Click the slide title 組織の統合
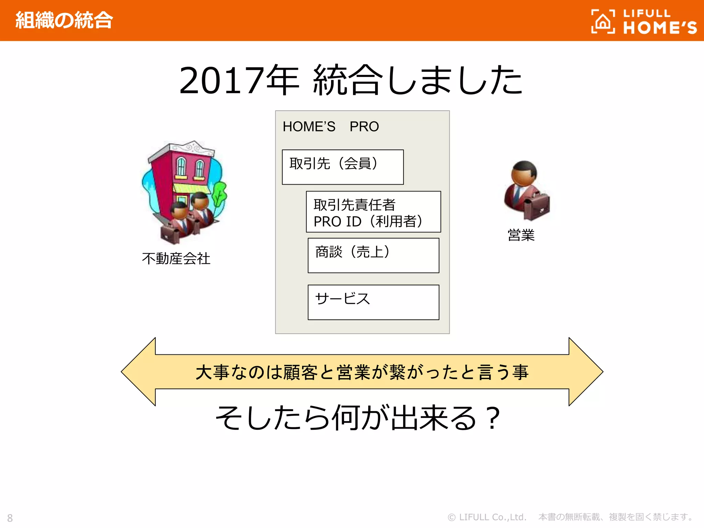[64, 20]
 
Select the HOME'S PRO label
[330, 126]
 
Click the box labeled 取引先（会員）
[342, 167]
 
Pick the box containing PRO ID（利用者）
[373, 212]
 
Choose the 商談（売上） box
[373, 255]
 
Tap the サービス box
[373, 302]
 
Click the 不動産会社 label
[176, 258]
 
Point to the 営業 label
[521, 235]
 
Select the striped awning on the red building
[191, 188]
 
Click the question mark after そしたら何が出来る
[493, 418]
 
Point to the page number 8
[10, 518]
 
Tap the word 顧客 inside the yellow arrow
[300, 372]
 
